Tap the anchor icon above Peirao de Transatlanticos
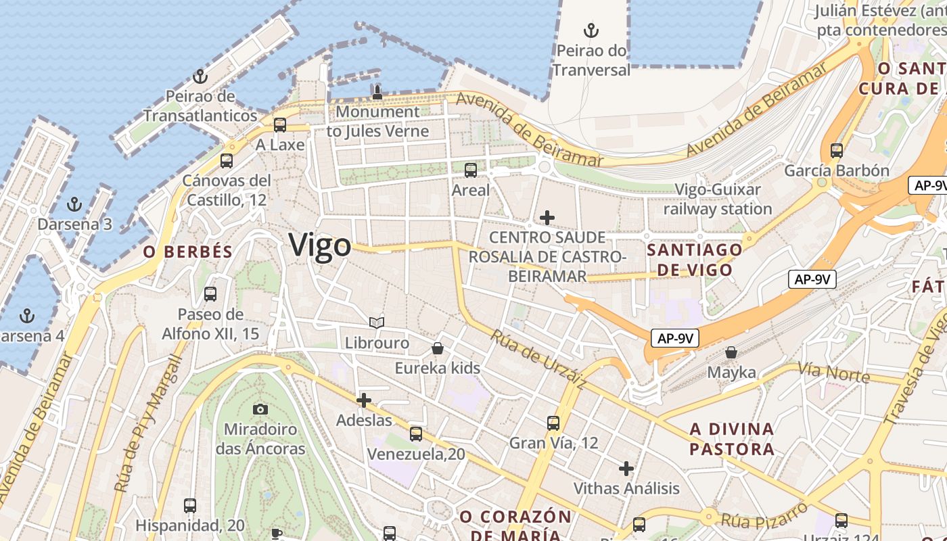click(x=200, y=76)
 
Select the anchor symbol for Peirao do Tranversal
click(x=591, y=30)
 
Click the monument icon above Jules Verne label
click(x=377, y=92)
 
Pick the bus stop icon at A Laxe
click(x=280, y=125)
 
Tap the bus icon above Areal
click(x=471, y=170)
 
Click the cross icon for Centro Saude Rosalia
click(x=547, y=218)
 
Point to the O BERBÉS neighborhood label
click(x=188, y=252)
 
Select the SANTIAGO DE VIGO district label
click(x=694, y=260)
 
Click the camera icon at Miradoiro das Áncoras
click(x=260, y=409)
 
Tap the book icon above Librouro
click(x=377, y=323)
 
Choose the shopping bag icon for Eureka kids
click(x=438, y=349)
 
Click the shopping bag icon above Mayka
click(x=731, y=352)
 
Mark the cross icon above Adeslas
click(x=364, y=400)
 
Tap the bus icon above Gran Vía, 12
click(x=553, y=423)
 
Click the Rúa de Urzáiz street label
click(x=538, y=360)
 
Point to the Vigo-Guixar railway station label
click(x=718, y=199)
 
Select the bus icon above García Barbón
click(x=837, y=151)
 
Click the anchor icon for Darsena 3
click(x=74, y=204)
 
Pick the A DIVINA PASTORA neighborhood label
click(x=732, y=439)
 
